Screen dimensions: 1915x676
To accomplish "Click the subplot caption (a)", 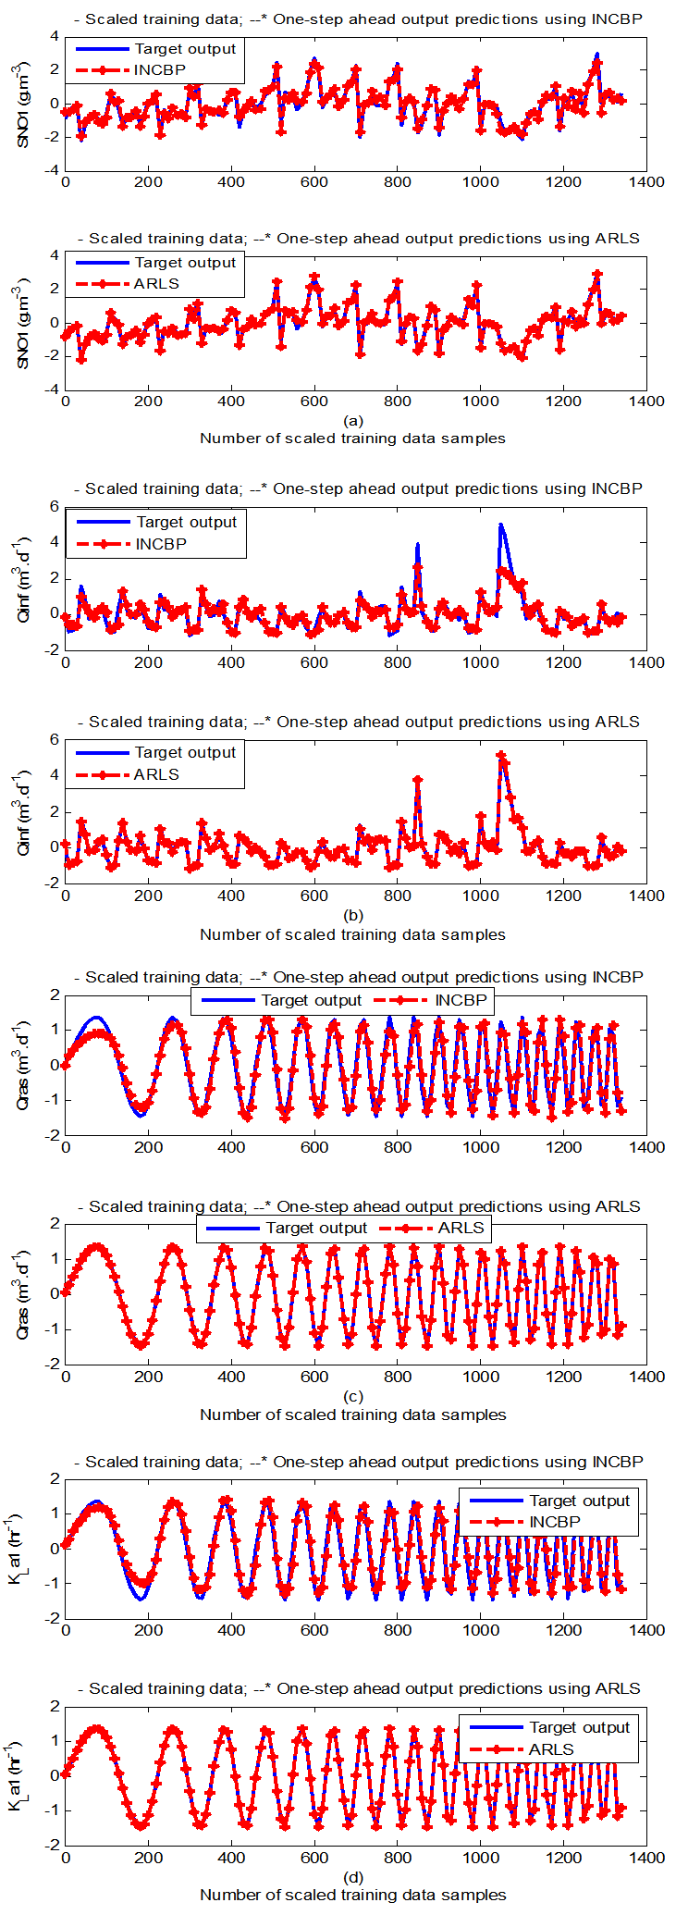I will [352, 421].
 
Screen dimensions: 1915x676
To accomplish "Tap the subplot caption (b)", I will [352, 916].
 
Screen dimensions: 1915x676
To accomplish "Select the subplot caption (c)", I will [352, 1397].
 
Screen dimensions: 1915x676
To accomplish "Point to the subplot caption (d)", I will [352, 1878].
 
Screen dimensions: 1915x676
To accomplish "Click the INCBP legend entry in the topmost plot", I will [160, 70].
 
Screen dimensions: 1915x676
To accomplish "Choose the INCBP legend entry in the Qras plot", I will [460, 1000].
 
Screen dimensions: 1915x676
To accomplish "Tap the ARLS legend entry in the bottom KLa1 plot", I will [551, 1749].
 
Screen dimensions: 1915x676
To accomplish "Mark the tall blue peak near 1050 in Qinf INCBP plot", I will [501, 525].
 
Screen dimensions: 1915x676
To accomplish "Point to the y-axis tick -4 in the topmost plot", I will [54, 170].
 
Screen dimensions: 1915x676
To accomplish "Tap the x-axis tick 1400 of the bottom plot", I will [646, 1858].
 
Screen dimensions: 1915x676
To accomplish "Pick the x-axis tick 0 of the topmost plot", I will [65, 182].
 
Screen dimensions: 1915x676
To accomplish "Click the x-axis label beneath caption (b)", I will [352, 934].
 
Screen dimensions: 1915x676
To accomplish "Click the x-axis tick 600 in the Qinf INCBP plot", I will [314, 662].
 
